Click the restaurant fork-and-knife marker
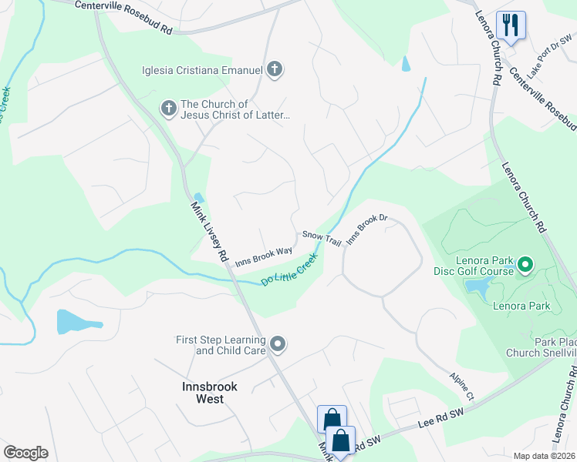510,24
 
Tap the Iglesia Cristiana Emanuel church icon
274,70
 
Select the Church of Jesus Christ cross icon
169,109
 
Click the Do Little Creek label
289,273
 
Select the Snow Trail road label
322,239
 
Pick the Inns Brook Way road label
264,256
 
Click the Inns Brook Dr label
366,230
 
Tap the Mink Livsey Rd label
209,230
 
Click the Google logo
25,453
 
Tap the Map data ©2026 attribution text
544,456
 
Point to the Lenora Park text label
521,306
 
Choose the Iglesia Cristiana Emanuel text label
203,71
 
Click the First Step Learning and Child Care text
221,345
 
